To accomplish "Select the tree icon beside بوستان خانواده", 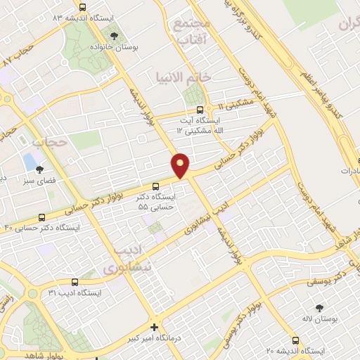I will tap(115, 35).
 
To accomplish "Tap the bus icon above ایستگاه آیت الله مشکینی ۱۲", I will tap(200, 109).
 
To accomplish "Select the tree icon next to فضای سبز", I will tap(39, 169).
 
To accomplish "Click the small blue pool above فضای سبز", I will tap(30, 160).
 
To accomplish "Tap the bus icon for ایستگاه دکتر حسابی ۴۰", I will tap(41, 217).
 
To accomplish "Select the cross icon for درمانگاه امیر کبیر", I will tap(154, 327).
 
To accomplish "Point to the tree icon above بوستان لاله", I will tap(320, 308).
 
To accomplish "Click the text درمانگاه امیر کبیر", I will tap(191, 339).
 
